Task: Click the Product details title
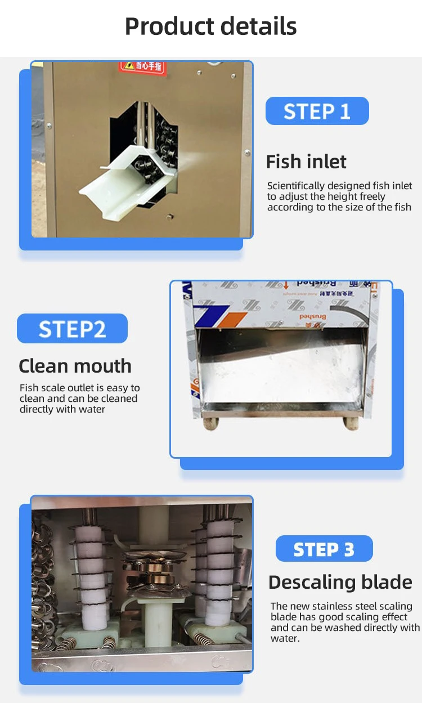(210, 26)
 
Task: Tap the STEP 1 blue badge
(317, 111)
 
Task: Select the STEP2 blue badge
(72, 329)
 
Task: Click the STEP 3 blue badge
(324, 549)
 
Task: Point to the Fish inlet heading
(306, 162)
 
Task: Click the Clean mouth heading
(75, 366)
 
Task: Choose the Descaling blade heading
(340, 582)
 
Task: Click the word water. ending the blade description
(285, 638)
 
